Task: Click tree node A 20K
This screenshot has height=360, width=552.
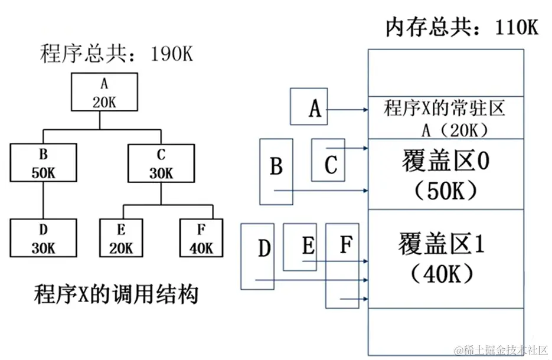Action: (x=104, y=91)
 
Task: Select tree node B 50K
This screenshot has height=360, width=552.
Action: (x=43, y=163)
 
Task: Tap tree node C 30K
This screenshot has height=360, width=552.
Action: (x=161, y=163)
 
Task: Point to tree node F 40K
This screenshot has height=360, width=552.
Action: (x=201, y=238)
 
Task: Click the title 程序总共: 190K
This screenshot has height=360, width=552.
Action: (x=116, y=54)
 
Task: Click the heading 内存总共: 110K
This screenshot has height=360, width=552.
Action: (x=462, y=27)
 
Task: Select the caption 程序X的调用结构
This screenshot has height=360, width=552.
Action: (x=116, y=293)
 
